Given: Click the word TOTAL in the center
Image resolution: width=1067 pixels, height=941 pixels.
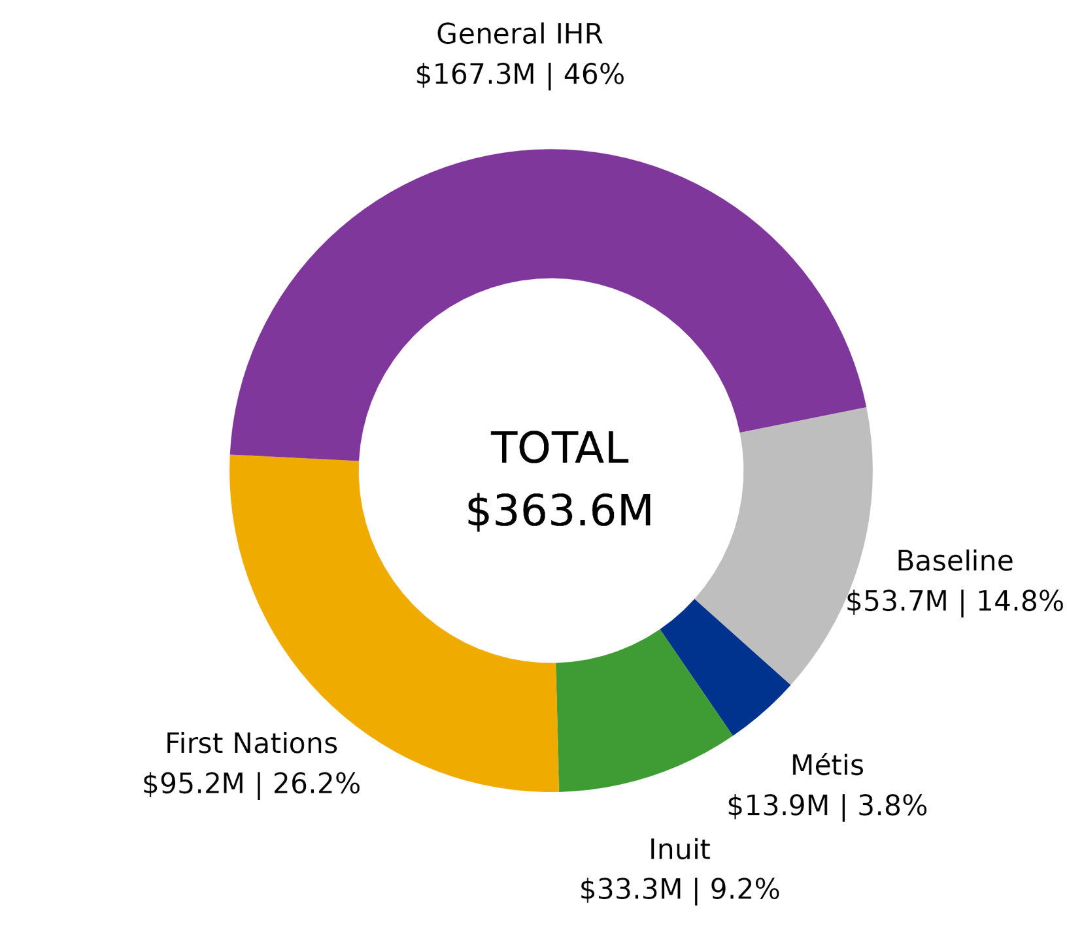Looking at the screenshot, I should tap(560, 448).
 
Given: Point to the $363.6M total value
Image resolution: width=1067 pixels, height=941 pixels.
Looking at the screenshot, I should tap(560, 511).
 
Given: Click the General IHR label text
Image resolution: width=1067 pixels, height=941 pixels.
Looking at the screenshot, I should tap(519, 34).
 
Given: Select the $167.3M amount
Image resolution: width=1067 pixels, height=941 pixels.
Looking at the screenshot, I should tap(475, 75).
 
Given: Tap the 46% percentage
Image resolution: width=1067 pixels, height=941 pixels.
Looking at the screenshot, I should tap(594, 75).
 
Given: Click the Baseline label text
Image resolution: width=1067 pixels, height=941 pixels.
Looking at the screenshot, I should tap(954, 561).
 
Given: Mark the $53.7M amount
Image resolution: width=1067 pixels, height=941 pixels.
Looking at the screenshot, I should tap(896, 602).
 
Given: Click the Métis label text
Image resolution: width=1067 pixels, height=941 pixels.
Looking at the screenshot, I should tap(827, 765).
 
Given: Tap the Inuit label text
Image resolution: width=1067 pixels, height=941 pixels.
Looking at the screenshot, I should tap(679, 850).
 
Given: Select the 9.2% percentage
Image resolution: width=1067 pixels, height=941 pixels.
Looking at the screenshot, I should tap(745, 889).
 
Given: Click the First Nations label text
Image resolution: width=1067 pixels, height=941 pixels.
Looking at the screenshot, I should tap(251, 744).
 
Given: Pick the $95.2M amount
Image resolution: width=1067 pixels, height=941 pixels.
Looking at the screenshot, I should tap(193, 784).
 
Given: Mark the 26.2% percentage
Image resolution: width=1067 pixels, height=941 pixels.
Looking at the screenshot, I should tap(316, 784).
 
